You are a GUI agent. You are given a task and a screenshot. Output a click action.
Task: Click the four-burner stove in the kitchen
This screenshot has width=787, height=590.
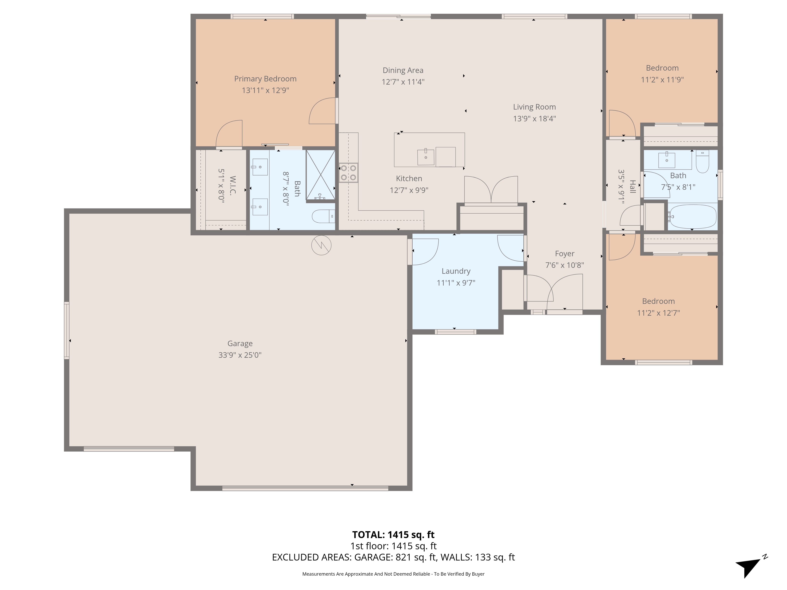click(348, 173)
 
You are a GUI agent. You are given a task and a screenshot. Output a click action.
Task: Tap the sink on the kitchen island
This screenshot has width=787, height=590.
click(426, 157)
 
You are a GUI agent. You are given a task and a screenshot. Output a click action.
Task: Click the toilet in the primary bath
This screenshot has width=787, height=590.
click(323, 216)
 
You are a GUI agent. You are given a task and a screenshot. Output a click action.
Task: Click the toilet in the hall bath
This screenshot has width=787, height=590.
click(702, 161)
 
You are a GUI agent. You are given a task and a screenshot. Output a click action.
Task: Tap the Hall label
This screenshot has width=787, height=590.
click(633, 186)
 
